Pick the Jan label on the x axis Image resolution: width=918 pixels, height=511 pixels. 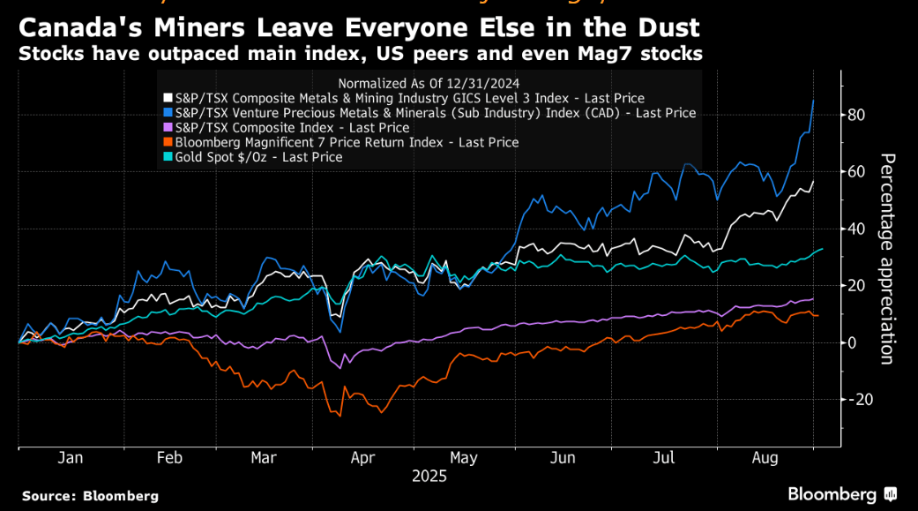71,458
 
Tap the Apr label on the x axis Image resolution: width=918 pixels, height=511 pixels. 363,458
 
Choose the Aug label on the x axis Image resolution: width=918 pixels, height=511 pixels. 765,458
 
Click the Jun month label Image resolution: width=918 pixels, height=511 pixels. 563,458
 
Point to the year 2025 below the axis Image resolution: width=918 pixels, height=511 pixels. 429,476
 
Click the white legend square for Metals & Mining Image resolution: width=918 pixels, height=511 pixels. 168,99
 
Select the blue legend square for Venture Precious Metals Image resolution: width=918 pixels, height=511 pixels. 168,113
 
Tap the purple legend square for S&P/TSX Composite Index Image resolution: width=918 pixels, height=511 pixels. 168,128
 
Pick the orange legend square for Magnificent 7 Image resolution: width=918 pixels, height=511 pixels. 168,142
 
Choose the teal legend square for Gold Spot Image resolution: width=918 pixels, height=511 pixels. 168,157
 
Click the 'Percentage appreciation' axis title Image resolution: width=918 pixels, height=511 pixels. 887,258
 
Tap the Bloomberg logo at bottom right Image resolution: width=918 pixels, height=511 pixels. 841,494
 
